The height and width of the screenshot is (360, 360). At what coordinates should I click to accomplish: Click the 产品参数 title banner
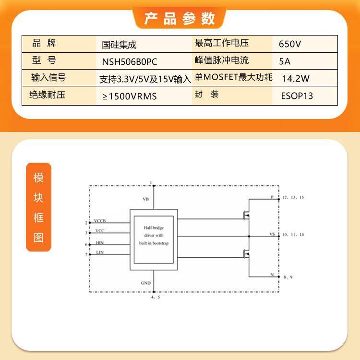180,18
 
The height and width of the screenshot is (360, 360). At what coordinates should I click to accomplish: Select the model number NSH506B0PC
130,62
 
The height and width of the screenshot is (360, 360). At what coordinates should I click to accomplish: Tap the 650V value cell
290,44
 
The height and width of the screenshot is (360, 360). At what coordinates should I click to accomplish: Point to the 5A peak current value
285,61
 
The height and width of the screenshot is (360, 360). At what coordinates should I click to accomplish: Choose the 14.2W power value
296,79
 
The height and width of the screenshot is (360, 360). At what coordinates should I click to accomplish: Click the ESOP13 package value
297,96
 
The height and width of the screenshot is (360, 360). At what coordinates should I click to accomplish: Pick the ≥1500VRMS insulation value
130,96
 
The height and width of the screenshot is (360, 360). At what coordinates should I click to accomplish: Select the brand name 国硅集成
119,45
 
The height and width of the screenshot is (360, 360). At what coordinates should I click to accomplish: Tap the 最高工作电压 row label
222,43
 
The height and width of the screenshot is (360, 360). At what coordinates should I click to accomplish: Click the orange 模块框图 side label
38,207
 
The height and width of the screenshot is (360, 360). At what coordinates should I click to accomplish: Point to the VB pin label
146,199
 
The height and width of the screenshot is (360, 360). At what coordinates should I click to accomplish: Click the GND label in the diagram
146,283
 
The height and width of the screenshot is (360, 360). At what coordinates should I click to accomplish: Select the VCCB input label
100,221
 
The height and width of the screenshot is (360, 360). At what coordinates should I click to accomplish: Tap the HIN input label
100,243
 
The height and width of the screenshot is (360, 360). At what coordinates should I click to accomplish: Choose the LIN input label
100,252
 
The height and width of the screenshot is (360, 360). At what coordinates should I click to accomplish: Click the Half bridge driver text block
154,235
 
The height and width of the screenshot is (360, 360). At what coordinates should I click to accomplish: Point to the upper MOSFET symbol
246,216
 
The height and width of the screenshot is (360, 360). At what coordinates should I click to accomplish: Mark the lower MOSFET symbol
246,254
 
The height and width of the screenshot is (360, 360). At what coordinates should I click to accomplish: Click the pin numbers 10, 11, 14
293,234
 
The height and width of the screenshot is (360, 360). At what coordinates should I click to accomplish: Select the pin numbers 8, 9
288,277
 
